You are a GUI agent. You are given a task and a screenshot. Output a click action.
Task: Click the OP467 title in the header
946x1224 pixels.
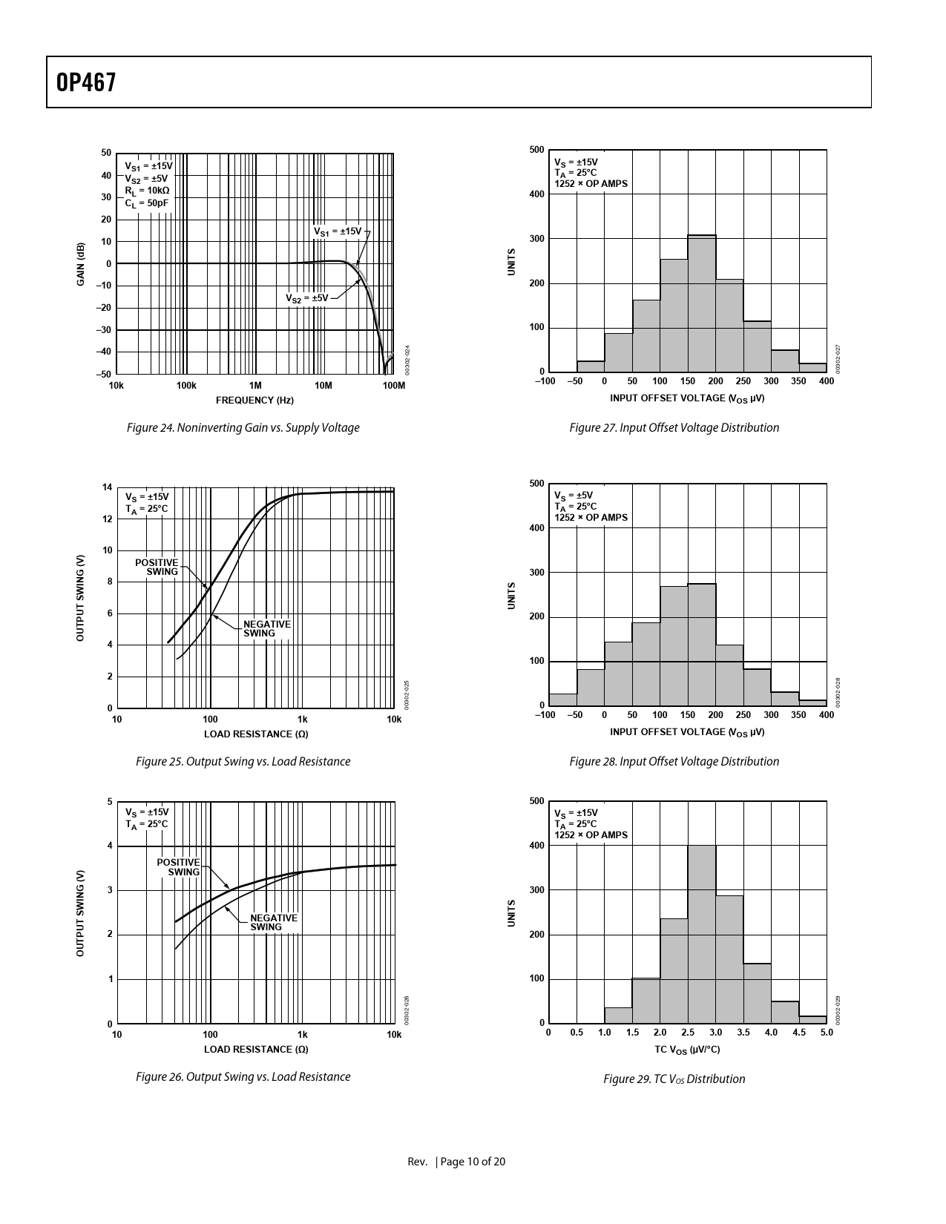[86, 82]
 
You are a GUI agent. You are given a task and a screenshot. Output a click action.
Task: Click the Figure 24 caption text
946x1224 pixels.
[243, 427]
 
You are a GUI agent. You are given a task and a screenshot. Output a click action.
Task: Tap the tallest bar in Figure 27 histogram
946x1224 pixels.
[701, 303]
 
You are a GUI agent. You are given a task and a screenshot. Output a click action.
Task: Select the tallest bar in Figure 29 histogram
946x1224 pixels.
[701, 934]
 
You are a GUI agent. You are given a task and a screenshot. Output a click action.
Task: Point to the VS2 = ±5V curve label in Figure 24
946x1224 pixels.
[307, 297]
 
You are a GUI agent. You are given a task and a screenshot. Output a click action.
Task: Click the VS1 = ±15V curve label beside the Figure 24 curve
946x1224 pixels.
[338, 231]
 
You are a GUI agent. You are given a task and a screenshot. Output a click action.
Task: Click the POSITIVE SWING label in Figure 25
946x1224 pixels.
[157, 567]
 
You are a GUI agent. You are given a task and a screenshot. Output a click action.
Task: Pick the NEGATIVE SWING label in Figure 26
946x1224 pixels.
[273, 922]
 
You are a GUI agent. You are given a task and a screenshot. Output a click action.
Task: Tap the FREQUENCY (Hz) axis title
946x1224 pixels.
[254, 400]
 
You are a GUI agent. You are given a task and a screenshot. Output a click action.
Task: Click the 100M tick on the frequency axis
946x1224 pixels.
[393, 386]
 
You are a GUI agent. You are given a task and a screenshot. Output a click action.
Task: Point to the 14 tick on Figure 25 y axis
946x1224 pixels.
[108, 487]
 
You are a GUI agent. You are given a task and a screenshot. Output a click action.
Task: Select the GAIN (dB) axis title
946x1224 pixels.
[80, 263]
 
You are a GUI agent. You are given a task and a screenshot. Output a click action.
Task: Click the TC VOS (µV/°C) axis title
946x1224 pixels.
[687, 1049]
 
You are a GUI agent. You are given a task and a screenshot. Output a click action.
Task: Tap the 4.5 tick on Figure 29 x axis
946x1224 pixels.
[799, 1033]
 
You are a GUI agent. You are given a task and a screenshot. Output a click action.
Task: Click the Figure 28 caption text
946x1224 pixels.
[674, 761]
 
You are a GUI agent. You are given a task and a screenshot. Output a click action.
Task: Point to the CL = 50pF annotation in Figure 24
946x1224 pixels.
[146, 203]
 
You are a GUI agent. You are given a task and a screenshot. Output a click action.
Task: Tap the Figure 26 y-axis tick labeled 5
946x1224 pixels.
[110, 802]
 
